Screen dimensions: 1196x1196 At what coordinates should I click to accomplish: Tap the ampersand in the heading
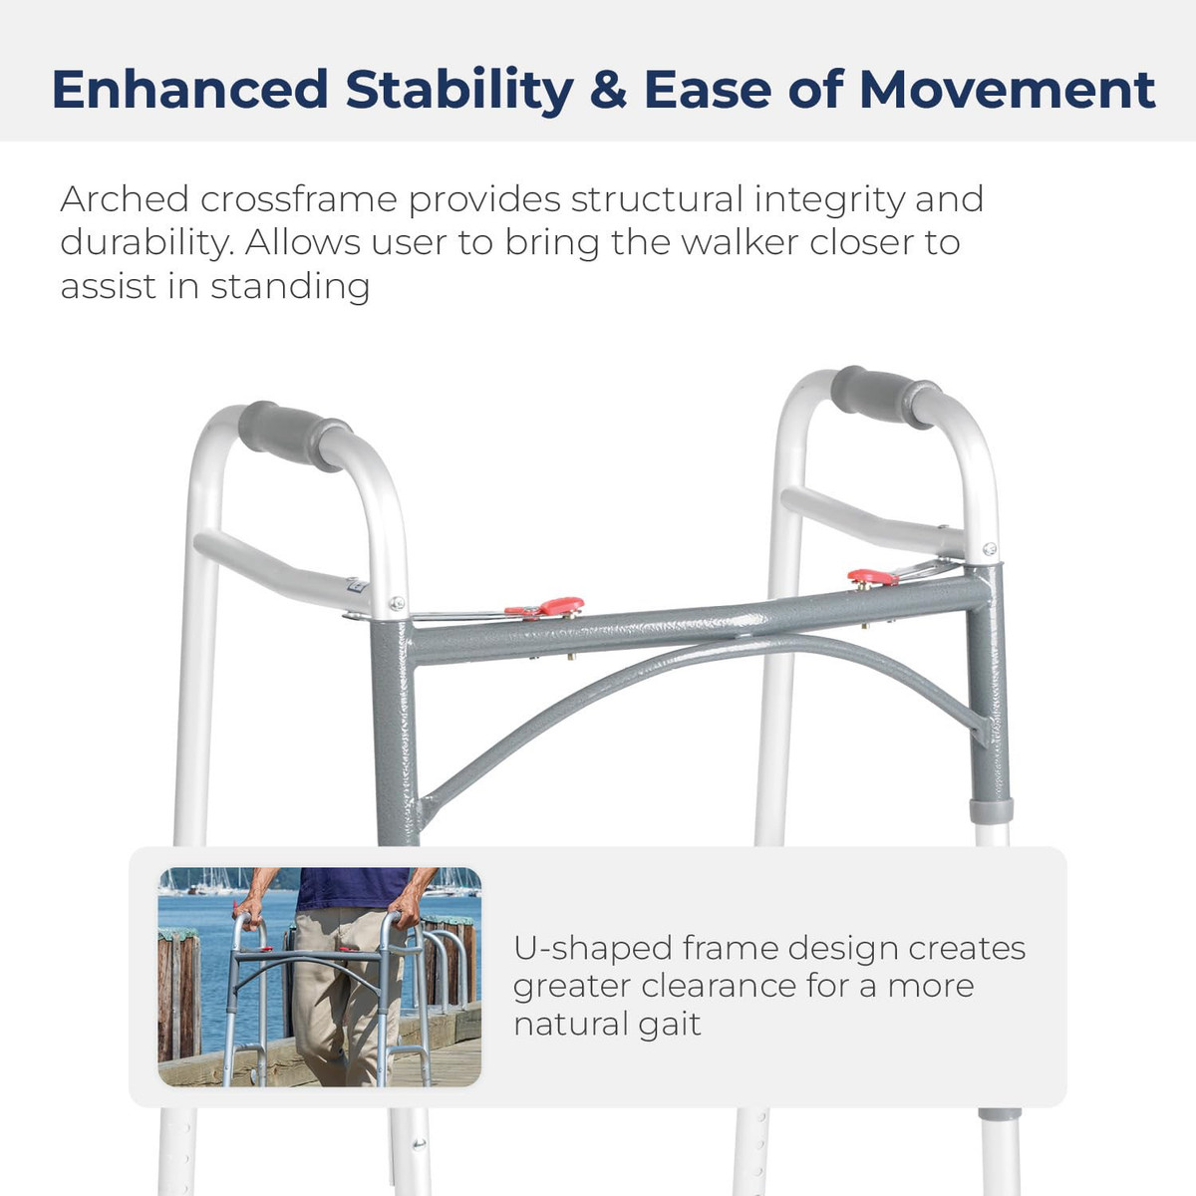click(x=608, y=90)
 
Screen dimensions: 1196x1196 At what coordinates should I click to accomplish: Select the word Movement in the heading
click(x=1007, y=90)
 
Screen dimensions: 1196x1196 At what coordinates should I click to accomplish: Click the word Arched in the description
click(x=125, y=200)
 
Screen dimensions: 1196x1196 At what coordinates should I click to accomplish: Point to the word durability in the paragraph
click(x=148, y=243)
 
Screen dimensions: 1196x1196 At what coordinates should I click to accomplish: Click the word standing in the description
click(x=290, y=287)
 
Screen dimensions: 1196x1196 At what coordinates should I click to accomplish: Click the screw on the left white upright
click(x=398, y=602)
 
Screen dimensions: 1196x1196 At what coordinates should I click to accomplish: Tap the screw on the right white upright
click(x=990, y=548)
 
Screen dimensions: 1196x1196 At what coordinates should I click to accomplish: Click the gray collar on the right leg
click(x=991, y=811)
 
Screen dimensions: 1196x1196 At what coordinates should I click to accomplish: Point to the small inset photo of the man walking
click(x=320, y=977)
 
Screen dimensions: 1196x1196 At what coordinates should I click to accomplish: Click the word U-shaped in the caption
click(x=593, y=950)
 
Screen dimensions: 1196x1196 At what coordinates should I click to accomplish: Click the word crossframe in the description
click(x=299, y=200)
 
